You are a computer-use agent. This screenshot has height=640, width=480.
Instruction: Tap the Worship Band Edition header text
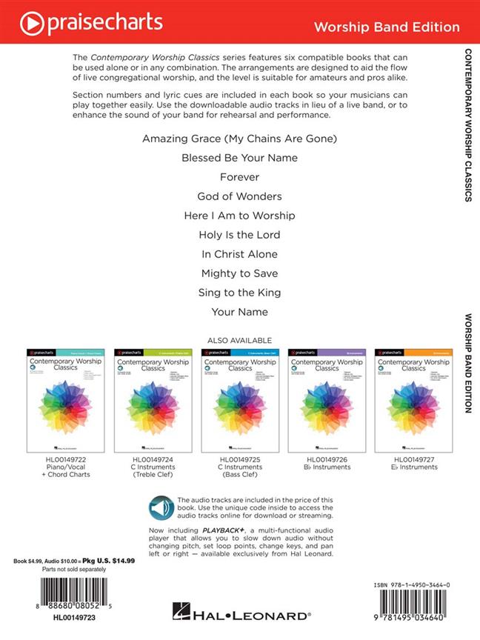coord(386,27)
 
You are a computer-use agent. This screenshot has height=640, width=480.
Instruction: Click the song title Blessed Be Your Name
coord(239,158)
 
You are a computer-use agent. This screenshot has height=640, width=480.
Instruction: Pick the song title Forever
coord(239,177)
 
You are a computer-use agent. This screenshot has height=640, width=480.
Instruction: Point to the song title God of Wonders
coord(239,196)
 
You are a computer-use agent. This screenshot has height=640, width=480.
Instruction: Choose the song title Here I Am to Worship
coord(239,216)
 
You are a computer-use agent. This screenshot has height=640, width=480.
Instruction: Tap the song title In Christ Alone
coord(239,254)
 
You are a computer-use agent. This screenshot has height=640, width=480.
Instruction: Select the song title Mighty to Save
coord(239,273)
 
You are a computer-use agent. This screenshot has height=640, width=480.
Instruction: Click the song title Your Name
coord(239,312)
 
